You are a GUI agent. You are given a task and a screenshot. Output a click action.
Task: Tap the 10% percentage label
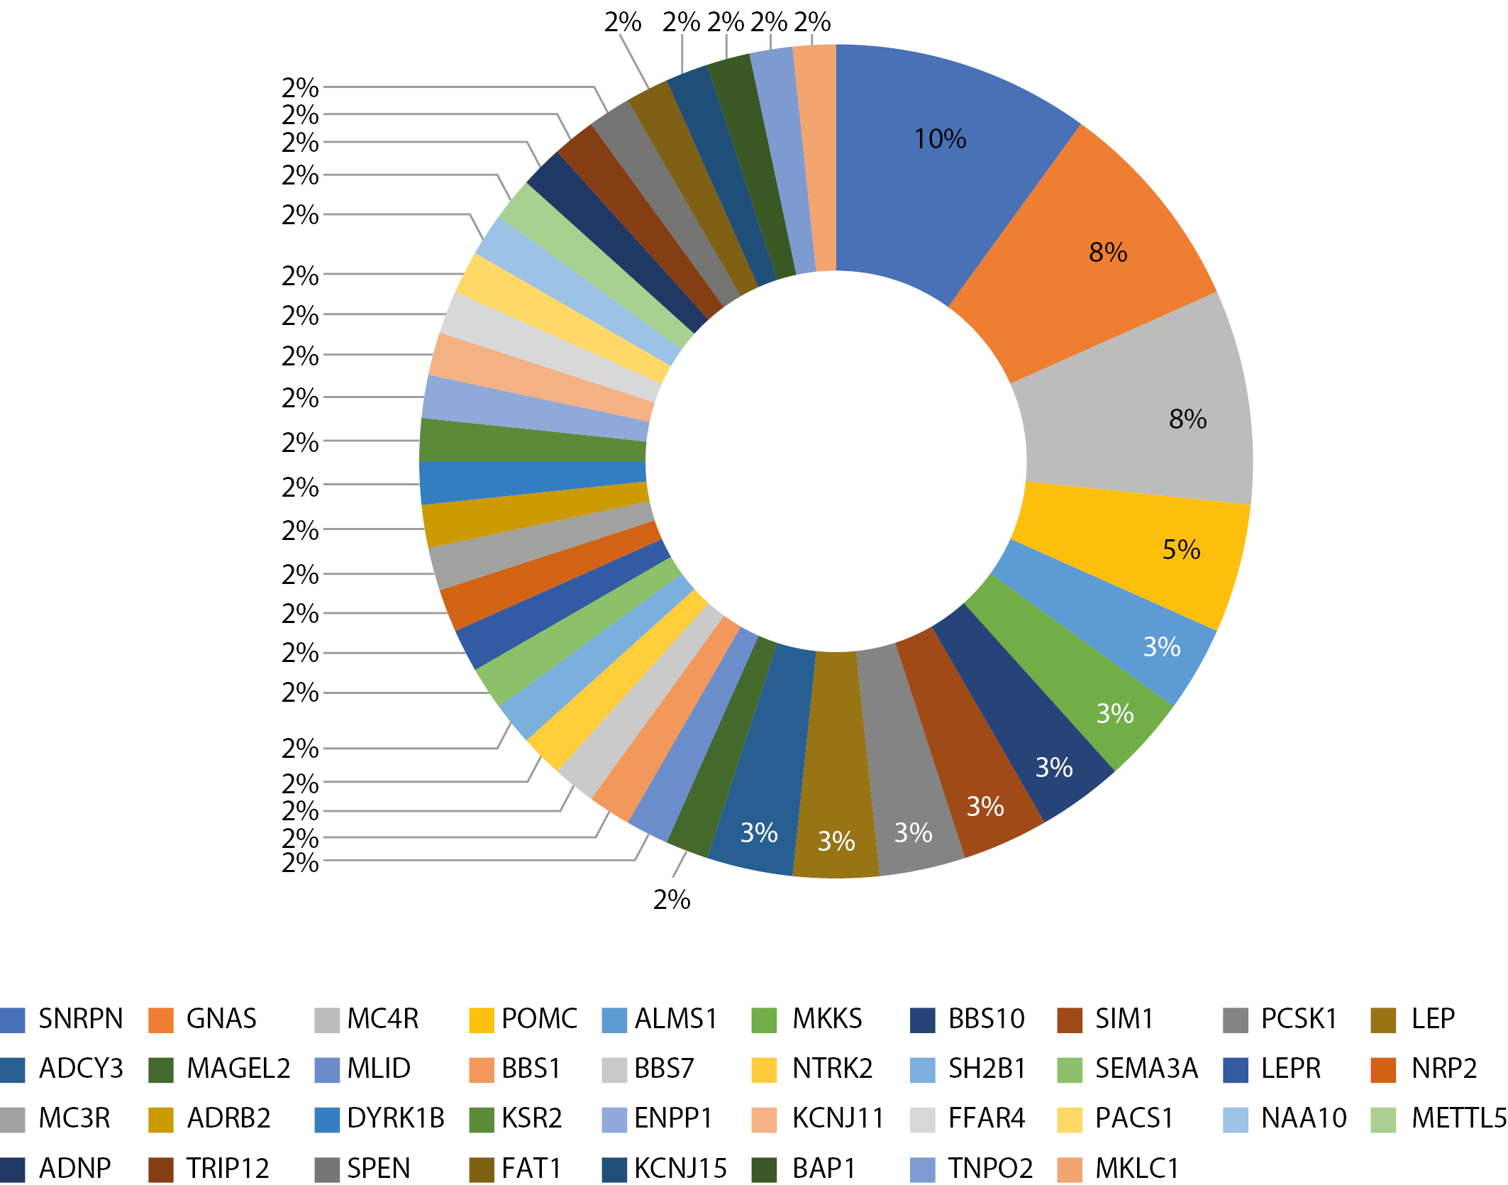(940, 139)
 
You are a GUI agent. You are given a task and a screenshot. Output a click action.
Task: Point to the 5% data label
(1181, 550)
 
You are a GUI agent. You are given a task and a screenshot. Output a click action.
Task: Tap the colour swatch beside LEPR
(1236, 1069)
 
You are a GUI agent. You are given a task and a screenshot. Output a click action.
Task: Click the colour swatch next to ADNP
(13, 1169)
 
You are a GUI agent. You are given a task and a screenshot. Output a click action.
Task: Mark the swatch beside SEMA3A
(1070, 1069)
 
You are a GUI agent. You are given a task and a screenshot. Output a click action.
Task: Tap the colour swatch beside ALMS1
(614, 1020)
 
